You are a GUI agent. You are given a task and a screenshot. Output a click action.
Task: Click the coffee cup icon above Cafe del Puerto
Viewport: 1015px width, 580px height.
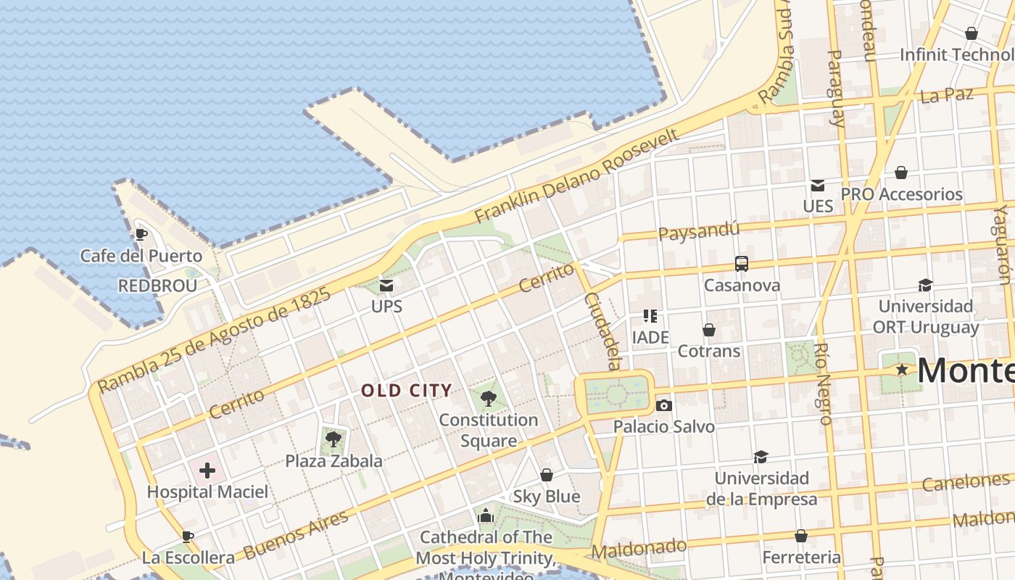point(141,234)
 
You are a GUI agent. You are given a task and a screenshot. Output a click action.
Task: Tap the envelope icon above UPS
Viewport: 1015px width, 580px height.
point(386,286)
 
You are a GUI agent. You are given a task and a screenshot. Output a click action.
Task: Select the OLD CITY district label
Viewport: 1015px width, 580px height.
point(407,391)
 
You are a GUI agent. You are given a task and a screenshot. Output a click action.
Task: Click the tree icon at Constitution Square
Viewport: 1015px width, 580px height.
point(489,398)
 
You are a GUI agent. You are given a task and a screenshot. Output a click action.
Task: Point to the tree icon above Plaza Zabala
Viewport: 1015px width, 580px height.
point(333,439)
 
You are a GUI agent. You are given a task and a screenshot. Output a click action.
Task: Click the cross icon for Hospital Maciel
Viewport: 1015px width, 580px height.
point(207,471)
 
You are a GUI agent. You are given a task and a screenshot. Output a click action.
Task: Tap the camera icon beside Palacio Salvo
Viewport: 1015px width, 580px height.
point(663,405)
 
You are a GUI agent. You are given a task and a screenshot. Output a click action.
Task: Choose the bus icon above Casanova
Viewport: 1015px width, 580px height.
point(741,264)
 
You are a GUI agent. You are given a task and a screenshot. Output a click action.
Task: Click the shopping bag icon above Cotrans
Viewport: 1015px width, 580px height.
point(709,330)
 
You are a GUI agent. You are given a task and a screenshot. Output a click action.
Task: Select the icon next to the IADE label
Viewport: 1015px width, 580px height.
point(650,316)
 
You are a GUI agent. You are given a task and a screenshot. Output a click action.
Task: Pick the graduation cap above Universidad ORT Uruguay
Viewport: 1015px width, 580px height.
point(925,285)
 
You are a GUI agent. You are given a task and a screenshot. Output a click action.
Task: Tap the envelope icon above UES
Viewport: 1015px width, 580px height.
point(818,185)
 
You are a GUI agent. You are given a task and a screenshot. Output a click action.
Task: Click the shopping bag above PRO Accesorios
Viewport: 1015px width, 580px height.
point(900,173)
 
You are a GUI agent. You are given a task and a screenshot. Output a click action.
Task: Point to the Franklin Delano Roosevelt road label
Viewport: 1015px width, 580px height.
point(577,176)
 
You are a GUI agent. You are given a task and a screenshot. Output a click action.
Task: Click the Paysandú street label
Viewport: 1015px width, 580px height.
point(699,231)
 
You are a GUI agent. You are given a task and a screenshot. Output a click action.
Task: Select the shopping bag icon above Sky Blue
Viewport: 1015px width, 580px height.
point(547,475)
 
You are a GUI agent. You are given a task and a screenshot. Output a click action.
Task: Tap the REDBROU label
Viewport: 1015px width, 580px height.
point(157,286)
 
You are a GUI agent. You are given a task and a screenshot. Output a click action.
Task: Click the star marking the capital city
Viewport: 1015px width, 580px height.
point(902,370)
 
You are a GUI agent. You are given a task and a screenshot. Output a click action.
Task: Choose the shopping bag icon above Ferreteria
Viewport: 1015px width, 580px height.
point(801,536)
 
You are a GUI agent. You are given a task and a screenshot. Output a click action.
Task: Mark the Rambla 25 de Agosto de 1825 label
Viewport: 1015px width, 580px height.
point(215,340)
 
